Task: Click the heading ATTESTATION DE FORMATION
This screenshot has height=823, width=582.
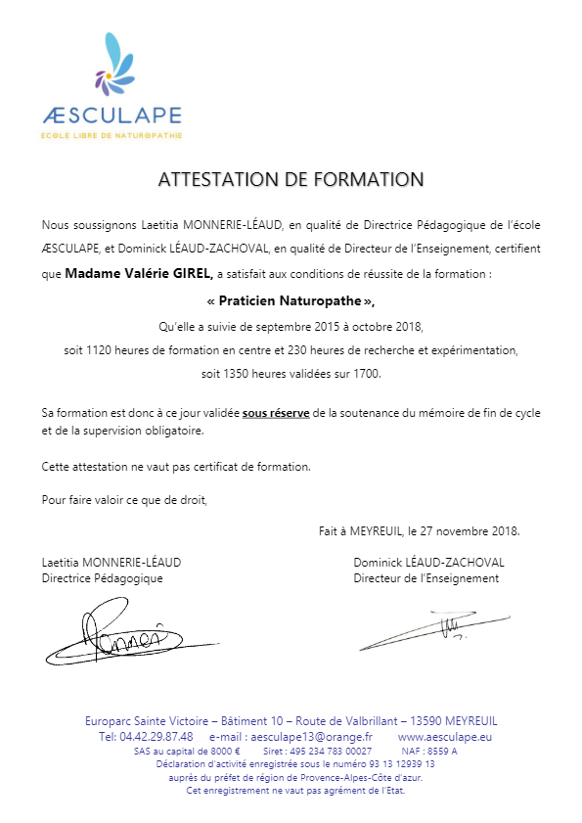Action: (x=291, y=180)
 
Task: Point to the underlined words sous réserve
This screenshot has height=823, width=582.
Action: (x=276, y=414)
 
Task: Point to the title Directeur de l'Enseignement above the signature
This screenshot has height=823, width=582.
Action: (x=426, y=578)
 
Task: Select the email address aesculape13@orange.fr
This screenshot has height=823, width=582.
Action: (x=308, y=736)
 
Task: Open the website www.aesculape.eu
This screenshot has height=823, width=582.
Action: (x=445, y=736)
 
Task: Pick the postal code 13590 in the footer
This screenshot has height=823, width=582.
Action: (x=424, y=721)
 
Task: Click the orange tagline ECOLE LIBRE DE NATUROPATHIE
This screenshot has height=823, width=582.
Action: (x=112, y=134)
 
